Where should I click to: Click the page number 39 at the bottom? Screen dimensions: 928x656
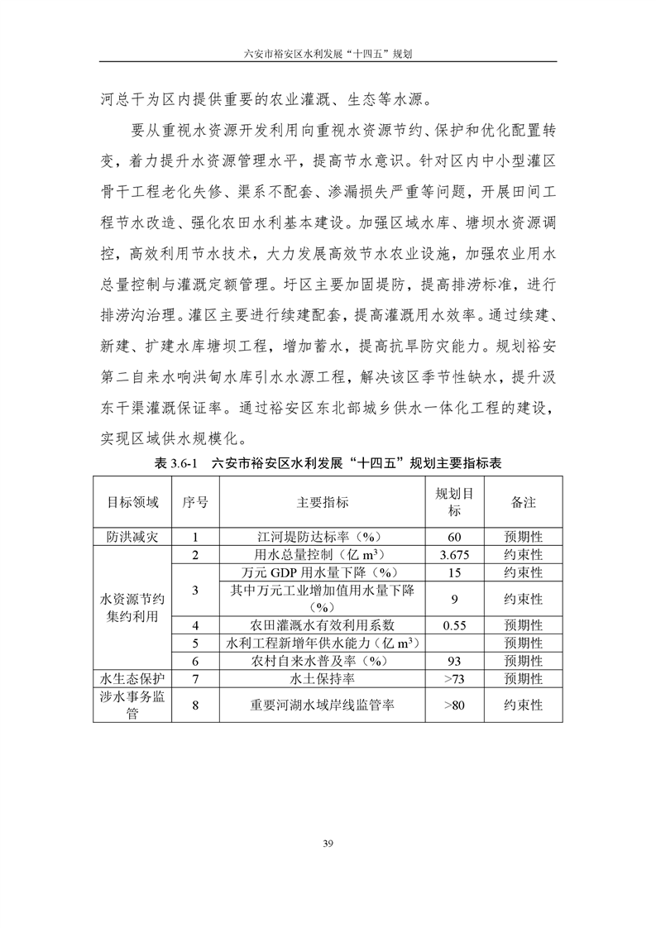click(x=328, y=843)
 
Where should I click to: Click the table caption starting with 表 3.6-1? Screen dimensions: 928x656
click(x=328, y=463)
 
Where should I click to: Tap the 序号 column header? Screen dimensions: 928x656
click(x=194, y=502)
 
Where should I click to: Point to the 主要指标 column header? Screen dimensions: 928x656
click(x=323, y=502)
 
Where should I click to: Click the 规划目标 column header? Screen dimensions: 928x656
click(x=454, y=502)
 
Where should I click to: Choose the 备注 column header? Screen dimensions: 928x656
click(x=524, y=502)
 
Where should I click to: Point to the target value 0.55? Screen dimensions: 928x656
click(x=454, y=624)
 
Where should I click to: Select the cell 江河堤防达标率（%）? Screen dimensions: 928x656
click(x=323, y=536)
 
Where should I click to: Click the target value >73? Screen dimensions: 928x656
click(x=454, y=678)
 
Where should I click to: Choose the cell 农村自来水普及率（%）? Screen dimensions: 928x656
click(x=323, y=661)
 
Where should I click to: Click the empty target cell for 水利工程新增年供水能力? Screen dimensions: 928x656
click(x=454, y=643)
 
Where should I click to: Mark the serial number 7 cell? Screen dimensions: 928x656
click(x=194, y=678)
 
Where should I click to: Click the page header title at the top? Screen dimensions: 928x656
click(x=328, y=50)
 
